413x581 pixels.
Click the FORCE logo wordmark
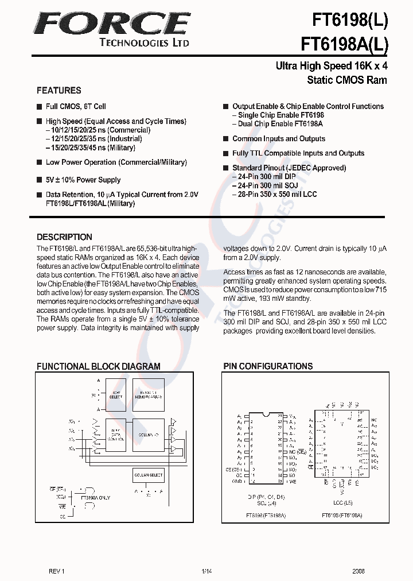tap(111, 24)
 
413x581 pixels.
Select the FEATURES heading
tap(59, 90)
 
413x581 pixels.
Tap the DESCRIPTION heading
tap(64, 237)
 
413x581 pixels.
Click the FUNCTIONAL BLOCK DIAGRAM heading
tap(99, 366)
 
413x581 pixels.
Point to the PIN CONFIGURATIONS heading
tap(268, 366)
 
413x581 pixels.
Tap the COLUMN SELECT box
tap(149, 475)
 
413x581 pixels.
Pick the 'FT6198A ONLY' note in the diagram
tap(96, 498)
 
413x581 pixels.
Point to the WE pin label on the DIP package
tap(293, 481)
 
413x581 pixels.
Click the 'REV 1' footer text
tap(57, 571)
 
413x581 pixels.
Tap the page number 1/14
tap(206, 571)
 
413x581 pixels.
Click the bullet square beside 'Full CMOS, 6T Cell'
tap(40, 107)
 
